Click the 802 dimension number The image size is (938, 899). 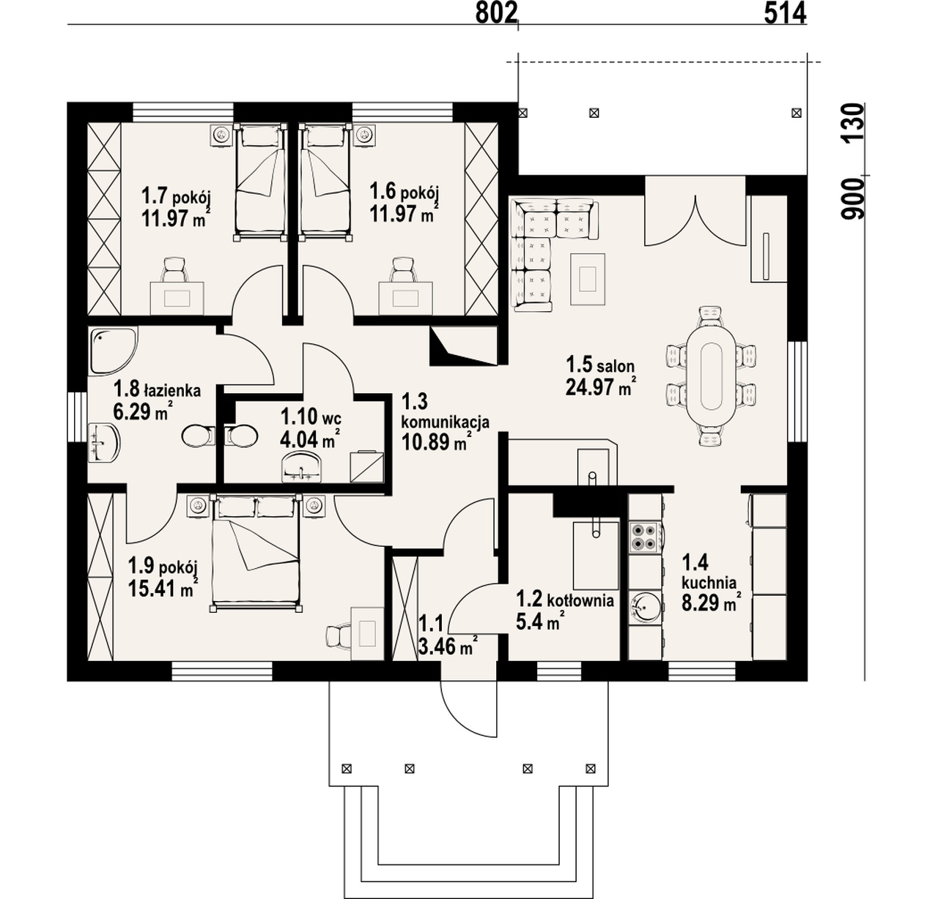tap(496, 13)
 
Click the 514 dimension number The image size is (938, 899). tap(785, 13)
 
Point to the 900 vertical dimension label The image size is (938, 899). tap(852, 198)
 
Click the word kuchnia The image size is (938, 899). tap(709, 583)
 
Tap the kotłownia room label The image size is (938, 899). tap(580, 600)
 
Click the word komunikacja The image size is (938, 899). tap(446, 422)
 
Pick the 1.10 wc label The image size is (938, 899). tap(311, 415)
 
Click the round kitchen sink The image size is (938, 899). tap(646, 609)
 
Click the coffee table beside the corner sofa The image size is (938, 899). tap(588, 279)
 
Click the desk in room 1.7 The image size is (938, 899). tap(177, 299)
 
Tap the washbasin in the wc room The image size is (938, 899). tap(301, 466)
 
